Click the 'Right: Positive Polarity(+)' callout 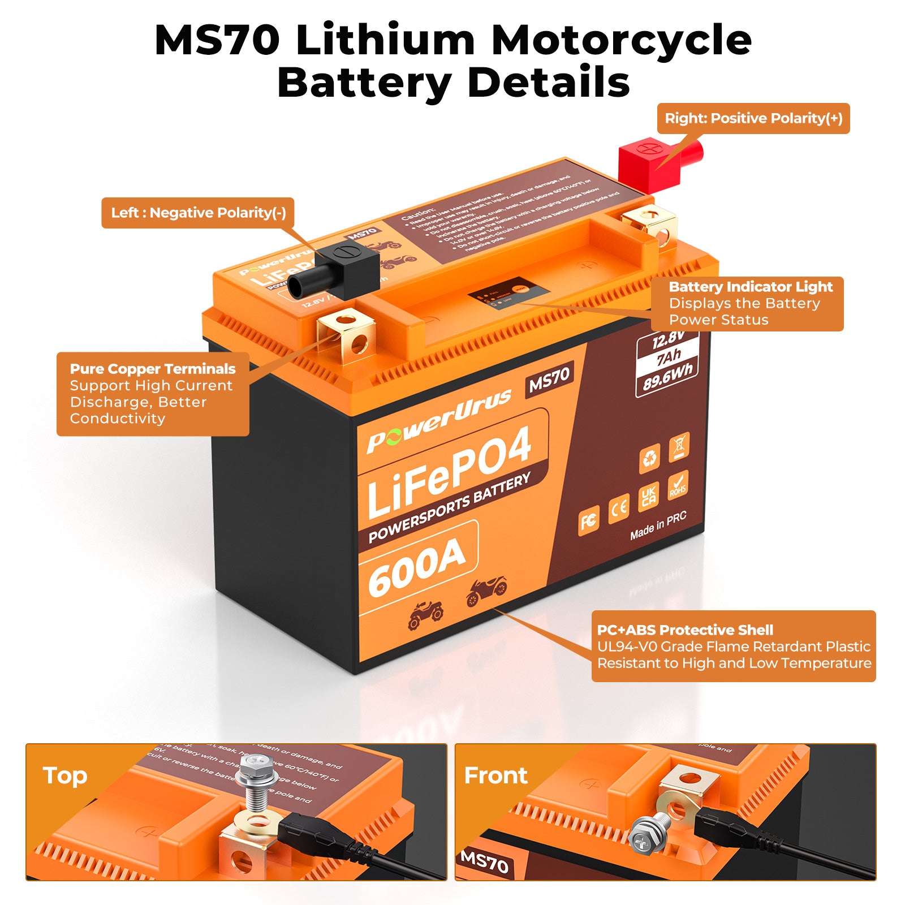(x=753, y=119)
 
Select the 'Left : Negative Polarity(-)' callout (x=198, y=213)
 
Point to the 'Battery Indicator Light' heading (x=751, y=287)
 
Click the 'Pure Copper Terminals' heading (x=153, y=369)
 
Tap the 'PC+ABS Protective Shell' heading (x=684, y=630)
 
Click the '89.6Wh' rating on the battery (x=667, y=376)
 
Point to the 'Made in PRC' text (x=658, y=526)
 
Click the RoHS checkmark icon (x=678, y=485)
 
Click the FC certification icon (x=588, y=521)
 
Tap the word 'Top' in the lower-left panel (x=64, y=775)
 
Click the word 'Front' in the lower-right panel (x=495, y=775)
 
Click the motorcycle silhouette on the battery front (x=486, y=591)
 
